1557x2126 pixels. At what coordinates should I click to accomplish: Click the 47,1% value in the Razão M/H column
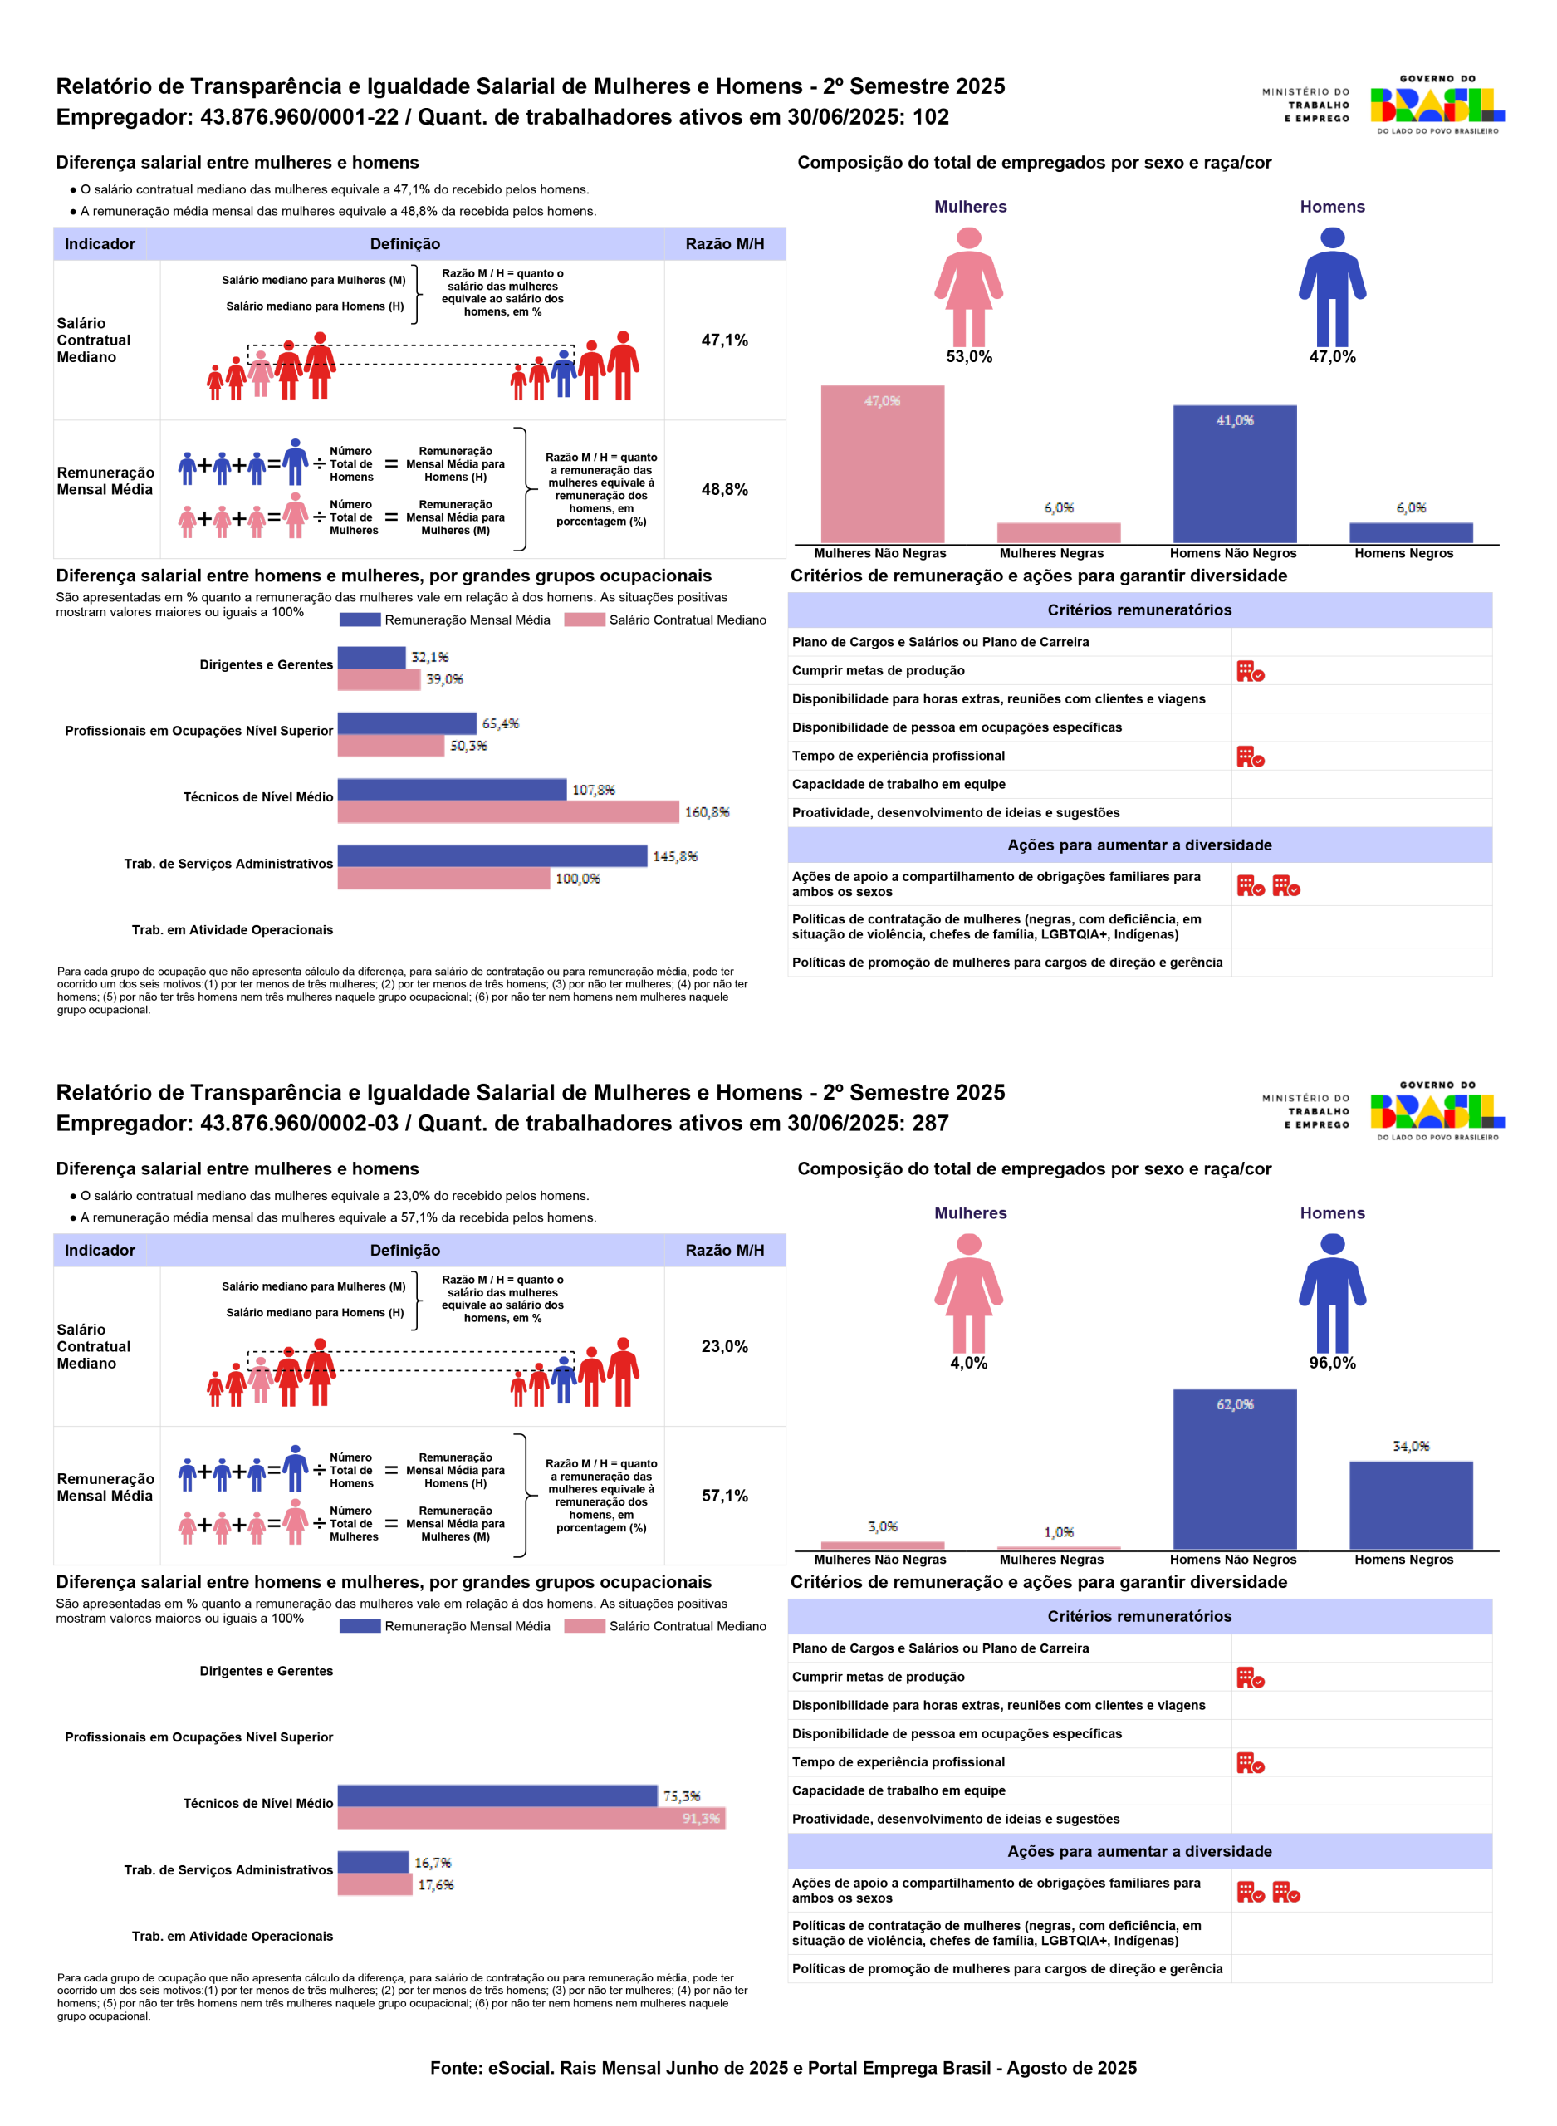tap(724, 340)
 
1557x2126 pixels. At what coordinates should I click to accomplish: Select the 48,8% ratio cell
tap(724, 489)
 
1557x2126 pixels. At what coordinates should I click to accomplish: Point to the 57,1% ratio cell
tap(724, 1495)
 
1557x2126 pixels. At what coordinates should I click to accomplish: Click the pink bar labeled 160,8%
tap(508, 811)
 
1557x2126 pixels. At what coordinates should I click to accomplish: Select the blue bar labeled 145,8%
tap(492, 855)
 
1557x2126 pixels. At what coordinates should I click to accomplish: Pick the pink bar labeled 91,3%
tap(531, 1818)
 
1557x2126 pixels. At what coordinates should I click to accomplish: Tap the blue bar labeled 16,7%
tap(372, 1862)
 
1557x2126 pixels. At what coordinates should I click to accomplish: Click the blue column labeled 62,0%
tap(1234, 1470)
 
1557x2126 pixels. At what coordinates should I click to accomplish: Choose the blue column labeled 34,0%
tap(1410, 1505)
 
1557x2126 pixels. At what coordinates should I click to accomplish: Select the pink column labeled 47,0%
tap(882, 463)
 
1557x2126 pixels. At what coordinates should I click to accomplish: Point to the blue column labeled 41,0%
tap(1234, 474)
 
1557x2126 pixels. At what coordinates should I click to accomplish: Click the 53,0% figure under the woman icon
tap(969, 357)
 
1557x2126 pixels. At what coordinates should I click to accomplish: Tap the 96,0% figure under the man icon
tap(1332, 1363)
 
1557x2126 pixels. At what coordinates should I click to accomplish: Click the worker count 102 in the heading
tap(930, 117)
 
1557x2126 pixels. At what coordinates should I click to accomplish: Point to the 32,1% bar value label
tap(430, 657)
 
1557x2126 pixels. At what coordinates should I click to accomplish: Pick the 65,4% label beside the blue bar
tap(501, 723)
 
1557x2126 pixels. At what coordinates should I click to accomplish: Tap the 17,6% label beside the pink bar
tap(435, 1885)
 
